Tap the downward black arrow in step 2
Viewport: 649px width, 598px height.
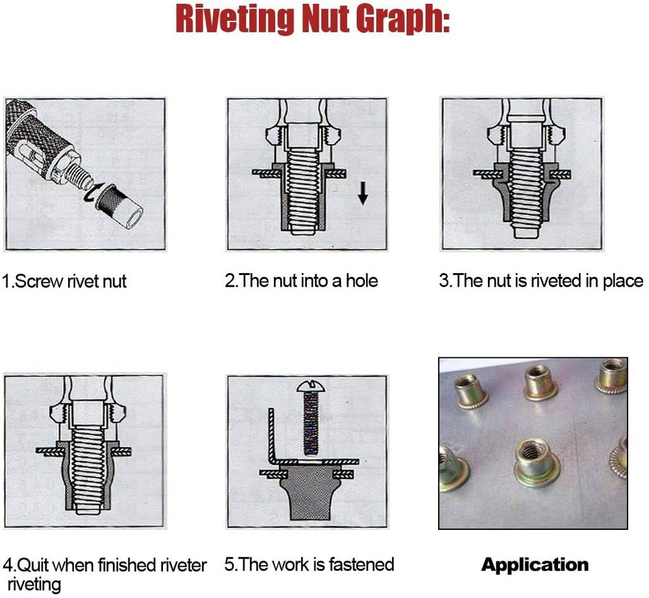coord(363,193)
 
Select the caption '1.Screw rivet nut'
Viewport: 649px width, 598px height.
coord(64,281)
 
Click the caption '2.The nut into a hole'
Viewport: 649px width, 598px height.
coord(301,281)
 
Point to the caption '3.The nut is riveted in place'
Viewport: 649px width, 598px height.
coord(541,281)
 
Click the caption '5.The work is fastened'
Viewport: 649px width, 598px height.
coord(310,564)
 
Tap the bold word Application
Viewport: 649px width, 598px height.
coord(535,565)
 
